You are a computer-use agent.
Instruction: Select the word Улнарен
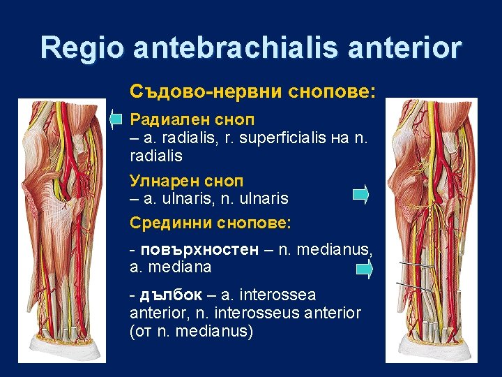tap(161, 181)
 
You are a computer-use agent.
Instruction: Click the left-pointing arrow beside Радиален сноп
tap(116, 119)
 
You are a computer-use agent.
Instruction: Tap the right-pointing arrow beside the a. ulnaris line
tap(360, 194)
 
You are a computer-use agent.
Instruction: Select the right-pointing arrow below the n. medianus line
tap(364, 269)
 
